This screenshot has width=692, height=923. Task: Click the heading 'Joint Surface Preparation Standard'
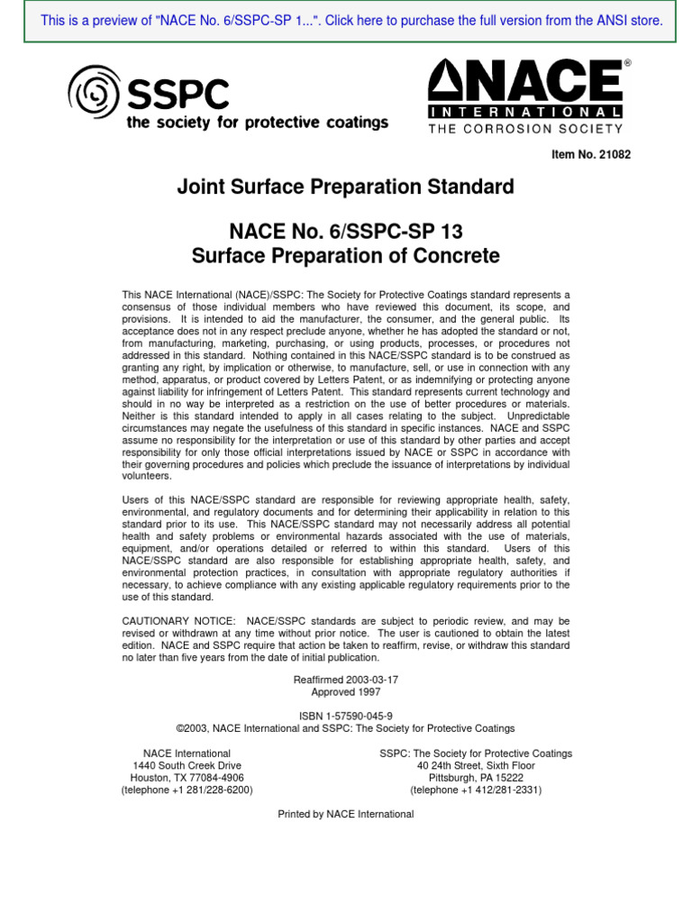(x=345, y=187)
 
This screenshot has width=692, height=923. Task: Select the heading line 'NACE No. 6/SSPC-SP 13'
(x=345, y=232)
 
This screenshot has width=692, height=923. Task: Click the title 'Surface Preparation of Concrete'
(x=345, y=256)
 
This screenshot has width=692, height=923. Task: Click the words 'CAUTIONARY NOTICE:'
(x=174, y=622)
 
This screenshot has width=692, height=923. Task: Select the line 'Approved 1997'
(x=346, y=692)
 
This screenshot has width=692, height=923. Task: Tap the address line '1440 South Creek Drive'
(x=187, y=765)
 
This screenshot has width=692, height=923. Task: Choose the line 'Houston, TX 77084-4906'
(x=187, y=778)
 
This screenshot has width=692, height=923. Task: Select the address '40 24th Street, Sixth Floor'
(x=476, y=765)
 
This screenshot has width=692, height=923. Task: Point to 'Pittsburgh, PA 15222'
(x=476, y=778)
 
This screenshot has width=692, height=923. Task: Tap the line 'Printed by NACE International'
(x=346, y=814)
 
